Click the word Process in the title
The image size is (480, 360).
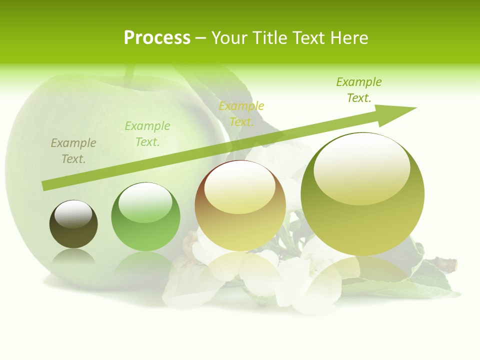click(157, 38)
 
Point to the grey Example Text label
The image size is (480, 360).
click(73, 150)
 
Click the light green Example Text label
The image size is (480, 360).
click(147, 133)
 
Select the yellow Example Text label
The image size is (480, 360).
click(241, 113)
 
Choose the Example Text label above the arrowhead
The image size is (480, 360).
click(359, 89)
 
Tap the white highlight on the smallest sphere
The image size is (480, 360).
click(73, 214)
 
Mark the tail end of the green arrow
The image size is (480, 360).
click(46, 186)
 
